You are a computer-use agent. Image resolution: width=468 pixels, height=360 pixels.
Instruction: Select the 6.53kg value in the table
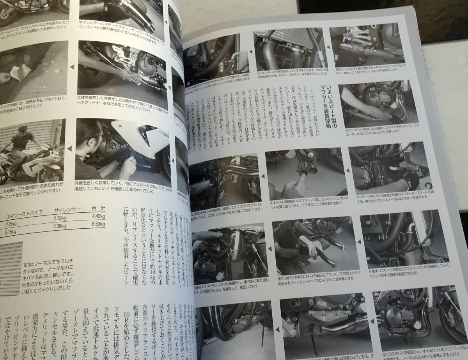(99, 224)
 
